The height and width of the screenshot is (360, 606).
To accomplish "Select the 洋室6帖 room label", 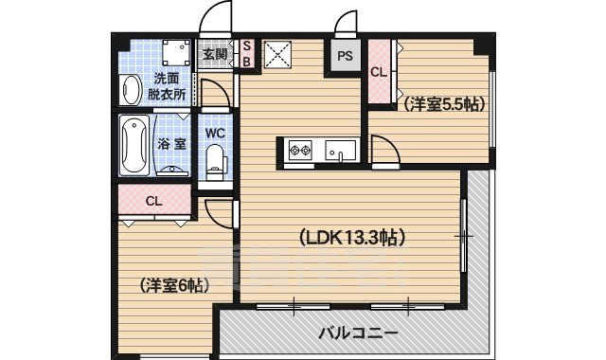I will click(x=175, y=285).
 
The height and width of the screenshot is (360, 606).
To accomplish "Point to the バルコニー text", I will click(x=357, y=333).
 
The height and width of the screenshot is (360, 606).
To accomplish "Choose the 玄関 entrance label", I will click(x=215, y=54).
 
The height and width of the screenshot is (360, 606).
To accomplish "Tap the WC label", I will click(x=214, y=133).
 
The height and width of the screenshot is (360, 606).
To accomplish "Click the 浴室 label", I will click(x=171, y=144).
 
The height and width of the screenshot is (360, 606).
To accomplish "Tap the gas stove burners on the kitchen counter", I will click(x=301, y=150).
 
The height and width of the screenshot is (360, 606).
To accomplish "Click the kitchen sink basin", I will click(x=339, y=150).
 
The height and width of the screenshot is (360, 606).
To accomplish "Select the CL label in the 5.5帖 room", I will click(x=378, y=72).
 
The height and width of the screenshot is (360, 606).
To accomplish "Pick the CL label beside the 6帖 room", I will click(x=153, y=201).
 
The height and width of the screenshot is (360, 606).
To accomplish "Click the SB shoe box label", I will click(x=245, y=54).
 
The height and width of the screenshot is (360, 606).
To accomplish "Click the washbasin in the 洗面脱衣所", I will click(x=130, y=88).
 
